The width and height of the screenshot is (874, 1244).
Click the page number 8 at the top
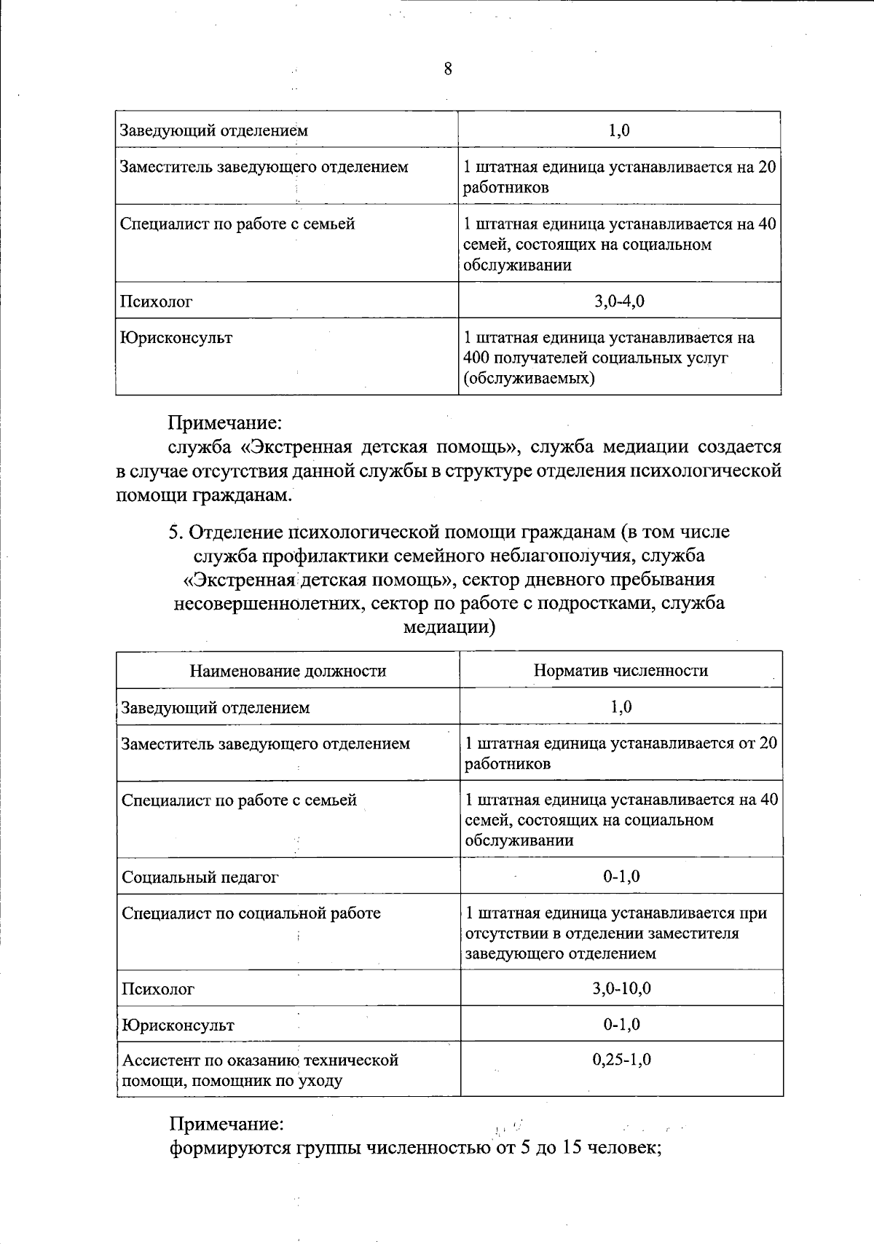tap(447, 69)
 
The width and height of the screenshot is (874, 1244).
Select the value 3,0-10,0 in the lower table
tap(621, 988)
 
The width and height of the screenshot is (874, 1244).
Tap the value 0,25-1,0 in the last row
tap(621, 1059)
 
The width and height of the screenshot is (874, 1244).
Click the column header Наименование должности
tap(288, 671)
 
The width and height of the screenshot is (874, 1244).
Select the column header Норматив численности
tap(621, 671)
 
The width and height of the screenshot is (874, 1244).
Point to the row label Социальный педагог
tap(200, 877)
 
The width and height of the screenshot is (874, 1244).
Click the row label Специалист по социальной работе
tap(251, 913)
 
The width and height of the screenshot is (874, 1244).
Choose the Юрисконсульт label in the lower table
tap(178, 1025)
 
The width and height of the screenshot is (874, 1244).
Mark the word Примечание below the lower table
tap(226, 1125)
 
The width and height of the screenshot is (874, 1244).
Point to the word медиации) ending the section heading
tap(449, 627)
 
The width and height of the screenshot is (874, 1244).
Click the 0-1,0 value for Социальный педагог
tap(621, 877)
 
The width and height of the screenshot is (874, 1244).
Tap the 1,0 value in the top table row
tap(619, 130)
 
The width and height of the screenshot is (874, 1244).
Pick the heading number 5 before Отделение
tap(174, 532)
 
